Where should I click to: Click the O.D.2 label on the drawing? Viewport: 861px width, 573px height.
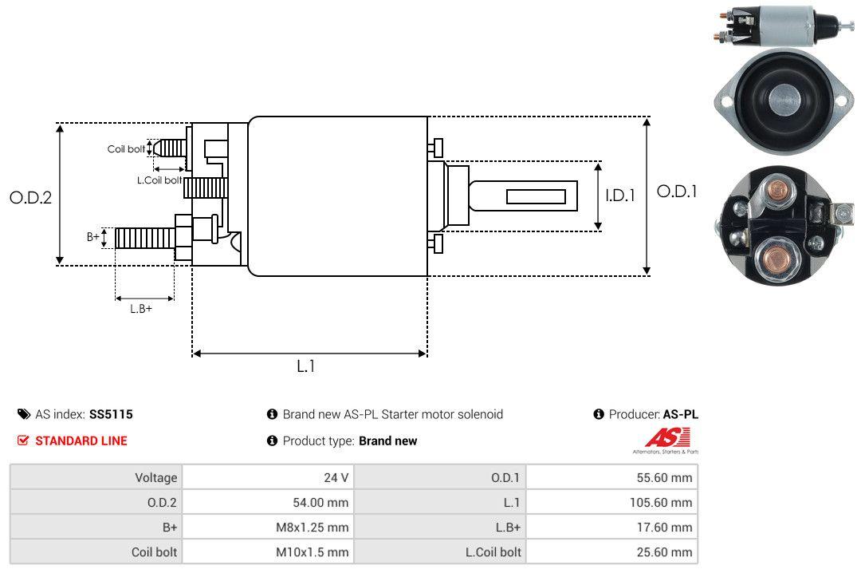[x=30, y=197]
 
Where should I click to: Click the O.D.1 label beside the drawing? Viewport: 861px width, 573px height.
[x=677, y=192]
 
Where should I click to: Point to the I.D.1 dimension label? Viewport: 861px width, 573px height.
[x=619, y=195]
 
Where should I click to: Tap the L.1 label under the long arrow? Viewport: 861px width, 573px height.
[x=307, y=366]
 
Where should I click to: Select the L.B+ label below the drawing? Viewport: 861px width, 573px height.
[x=141, y=309]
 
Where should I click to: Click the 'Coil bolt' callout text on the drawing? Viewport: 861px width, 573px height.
[x=126, y=149]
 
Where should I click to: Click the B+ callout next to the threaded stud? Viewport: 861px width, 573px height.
[x=93, y=237]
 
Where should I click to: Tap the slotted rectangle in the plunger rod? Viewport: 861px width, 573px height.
[x=536, y=196]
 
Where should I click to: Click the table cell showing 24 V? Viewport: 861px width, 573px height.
[x=336, y=478]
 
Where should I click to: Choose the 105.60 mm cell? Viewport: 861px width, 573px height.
[x=658, y=503]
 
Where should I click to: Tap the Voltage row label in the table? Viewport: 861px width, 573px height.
[x=155, y=478]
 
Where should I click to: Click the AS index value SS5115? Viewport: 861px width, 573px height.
[x=111, y=414]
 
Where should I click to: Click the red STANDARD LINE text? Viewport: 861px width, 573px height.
[x=81, y=441]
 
